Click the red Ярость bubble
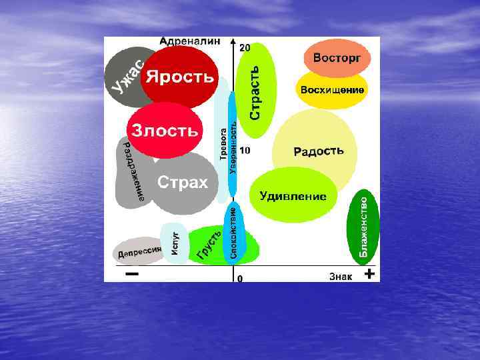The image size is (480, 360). tap(181, 76)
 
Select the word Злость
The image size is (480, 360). tap(165, 131)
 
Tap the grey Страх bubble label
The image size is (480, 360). tap(182, 182)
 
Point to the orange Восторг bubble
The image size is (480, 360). tap(337, 58)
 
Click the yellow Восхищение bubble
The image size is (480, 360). tap(332, 90)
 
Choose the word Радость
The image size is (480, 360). tap(319, 151)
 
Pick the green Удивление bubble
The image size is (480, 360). tap(293, 196)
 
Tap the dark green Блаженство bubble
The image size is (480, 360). tap(364, 225)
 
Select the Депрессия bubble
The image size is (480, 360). tap(139, 251)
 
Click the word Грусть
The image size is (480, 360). tap(209, 245)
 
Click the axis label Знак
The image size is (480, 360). tap(340, 276)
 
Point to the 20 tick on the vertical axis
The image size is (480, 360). tap(245, 48)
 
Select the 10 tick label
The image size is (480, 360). tap(245, 151)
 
